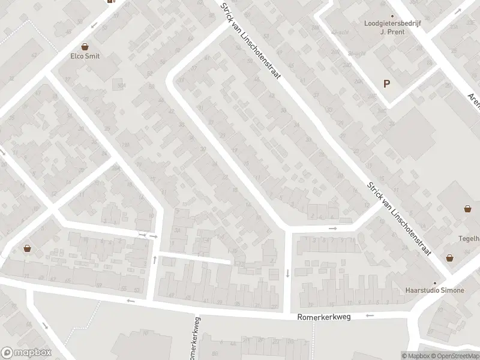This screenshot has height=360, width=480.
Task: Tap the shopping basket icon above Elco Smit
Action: pyautogui.click(x=85, y=46)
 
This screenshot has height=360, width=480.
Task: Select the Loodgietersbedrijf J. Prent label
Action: pyautogui.click(x=385, y=28)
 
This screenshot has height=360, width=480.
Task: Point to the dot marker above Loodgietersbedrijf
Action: pyautogui.click(x=392, y=16)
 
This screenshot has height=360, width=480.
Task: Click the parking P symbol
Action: pyautogui.click(x=387, y=84)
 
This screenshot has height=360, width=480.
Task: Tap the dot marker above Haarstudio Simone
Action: pyautogui.click(x=436, y=282)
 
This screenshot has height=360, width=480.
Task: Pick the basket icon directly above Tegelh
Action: pyautogui.click(x=467, y=209)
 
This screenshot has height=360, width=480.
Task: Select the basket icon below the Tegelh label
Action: pyautogui.click(x=449, y=257)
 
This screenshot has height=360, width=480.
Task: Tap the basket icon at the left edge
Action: pyautogui.click(x=27, y=248)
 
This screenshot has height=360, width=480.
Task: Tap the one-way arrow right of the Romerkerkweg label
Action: pyautogui.click(x=370, y=316)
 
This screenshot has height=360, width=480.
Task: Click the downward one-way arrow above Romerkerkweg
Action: pyautogui.click(x=287, y=273)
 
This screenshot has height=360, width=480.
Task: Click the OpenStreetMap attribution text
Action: pyautogui.click(x=453, y=356)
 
